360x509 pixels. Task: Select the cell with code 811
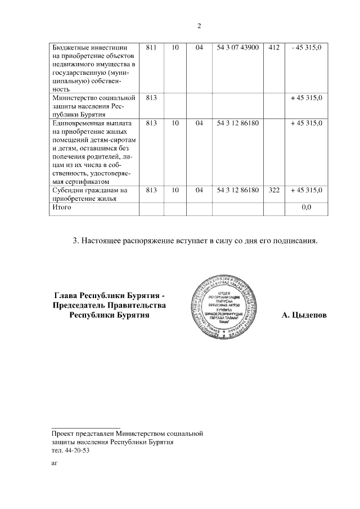point(151,48)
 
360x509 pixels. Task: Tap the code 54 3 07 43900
point(238,48)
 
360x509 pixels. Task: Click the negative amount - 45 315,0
point(307,48)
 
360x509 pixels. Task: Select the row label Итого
point(61,208)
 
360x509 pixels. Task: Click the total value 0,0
point(307,208)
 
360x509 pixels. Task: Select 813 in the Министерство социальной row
point(151,98)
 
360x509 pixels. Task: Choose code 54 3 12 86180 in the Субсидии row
point(238,191)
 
